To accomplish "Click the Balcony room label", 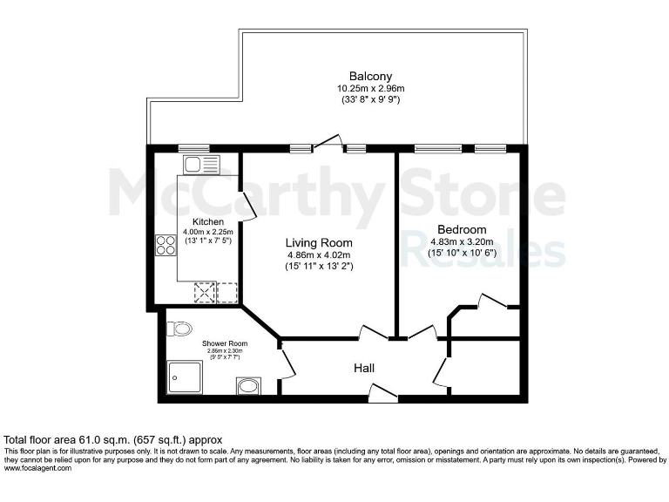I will (364, 76).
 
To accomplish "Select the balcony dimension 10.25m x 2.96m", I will (364, 88).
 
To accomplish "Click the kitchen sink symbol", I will (193, 163).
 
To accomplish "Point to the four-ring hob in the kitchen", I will (166, 247).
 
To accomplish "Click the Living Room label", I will (320, 242).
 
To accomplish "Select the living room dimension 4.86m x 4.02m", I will (320, 255).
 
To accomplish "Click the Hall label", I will (364, 369).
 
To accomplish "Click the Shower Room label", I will (220, 343).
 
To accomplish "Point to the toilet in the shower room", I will (181, 329).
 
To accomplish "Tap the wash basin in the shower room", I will (247, 384).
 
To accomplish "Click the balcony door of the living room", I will (328, 142).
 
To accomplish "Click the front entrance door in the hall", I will (382, 394).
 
